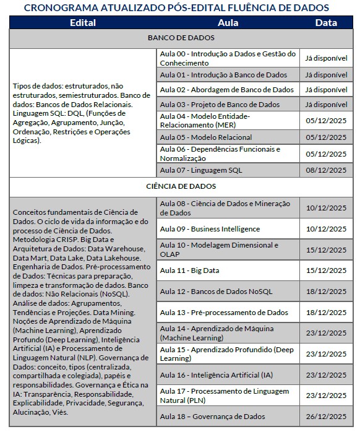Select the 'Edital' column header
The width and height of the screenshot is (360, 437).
click(x=82, y=23)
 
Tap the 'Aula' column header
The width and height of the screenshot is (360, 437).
click(x=228, y=23)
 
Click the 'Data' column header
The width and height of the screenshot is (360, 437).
click(x=326, y=23)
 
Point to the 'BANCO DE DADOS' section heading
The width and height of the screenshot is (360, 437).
click(x=181, y=38)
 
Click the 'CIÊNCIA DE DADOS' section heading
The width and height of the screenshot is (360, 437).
click(x=181, y=186)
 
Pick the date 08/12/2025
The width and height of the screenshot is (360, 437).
click(x=326, y=170)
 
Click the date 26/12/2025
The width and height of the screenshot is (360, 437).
click(x=326, y=417)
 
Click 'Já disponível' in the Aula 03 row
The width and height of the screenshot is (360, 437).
click(x=326, y=105)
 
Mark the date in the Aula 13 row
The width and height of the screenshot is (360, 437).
click(x=326, y=313)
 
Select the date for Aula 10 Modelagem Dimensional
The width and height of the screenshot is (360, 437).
click(x=326, y=249)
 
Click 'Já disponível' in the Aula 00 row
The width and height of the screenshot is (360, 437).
click(x=326, y=58)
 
